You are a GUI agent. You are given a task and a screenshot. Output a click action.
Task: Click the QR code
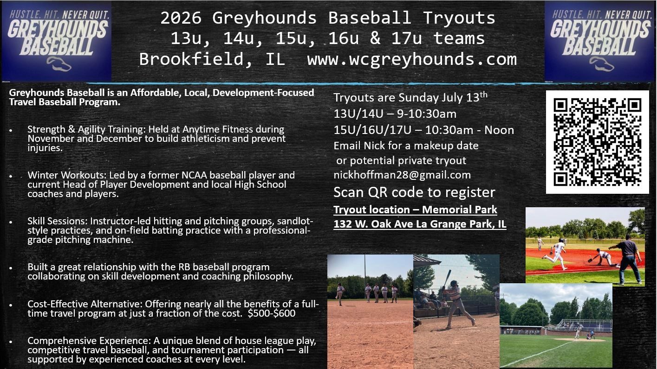coord(597,142)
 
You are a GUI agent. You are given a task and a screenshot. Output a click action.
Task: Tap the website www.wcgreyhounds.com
coord(412,59)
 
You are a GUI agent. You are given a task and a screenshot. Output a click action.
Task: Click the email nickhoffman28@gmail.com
coord(402,175)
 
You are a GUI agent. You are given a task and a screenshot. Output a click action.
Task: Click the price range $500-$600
coord(272,313)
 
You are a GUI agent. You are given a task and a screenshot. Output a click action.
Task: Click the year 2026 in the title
coord(181,18)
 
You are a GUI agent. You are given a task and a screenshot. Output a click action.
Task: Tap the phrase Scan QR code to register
coord(414,192)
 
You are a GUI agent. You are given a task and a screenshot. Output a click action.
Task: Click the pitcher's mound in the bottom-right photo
coord(580,339)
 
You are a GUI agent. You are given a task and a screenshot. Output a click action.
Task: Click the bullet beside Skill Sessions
coord(11,223)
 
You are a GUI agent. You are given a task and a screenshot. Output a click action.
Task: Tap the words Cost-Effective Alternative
coord(85,305)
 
